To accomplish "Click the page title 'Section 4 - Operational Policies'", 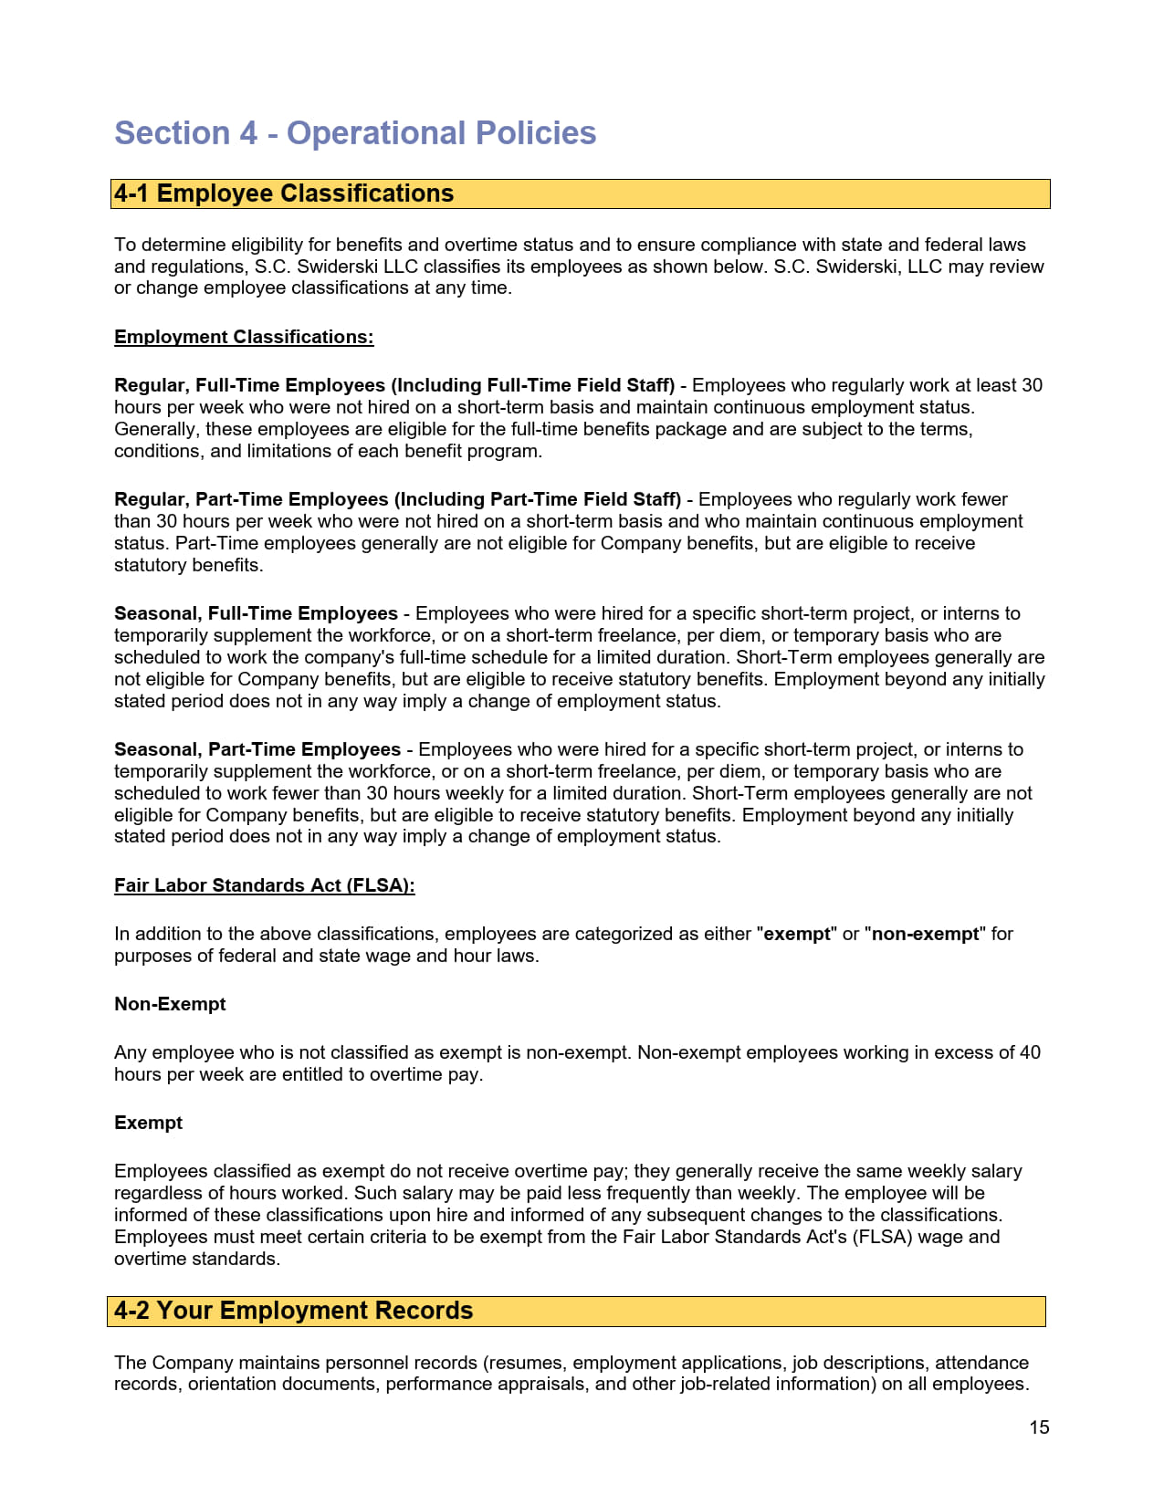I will coord(354,133).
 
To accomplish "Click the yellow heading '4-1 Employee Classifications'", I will coord(283,193).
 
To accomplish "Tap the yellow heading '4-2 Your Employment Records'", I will coord(292,1311).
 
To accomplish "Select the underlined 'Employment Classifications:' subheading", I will coord(244,337).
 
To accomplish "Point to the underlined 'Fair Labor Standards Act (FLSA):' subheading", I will coord(264,885).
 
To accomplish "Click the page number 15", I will coord(1039,1428).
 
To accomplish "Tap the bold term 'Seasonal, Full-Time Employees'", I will coord(256,613).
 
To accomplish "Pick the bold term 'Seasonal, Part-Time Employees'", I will coord(257,749).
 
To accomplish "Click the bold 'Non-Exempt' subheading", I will coord(170,1004).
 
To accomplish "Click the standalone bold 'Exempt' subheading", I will coord(148,1123).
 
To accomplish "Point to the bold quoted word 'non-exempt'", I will coord(925,934).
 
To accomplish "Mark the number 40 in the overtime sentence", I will coord(1030,1052).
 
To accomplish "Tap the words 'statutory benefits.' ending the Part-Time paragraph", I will coord(188,565).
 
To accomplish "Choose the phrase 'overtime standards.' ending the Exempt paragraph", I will coord(196,1259).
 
